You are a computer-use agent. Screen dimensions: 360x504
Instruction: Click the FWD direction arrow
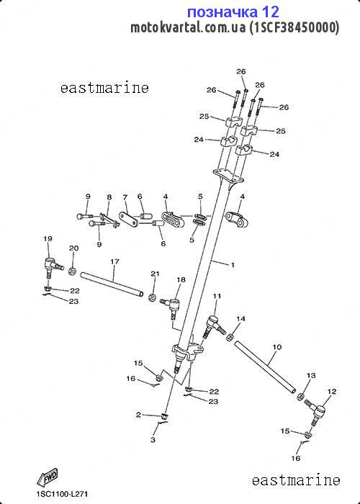[48, 477]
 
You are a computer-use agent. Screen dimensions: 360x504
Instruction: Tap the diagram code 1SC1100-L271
[62, 494]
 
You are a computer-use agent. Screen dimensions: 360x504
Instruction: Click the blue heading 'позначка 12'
[233, 12]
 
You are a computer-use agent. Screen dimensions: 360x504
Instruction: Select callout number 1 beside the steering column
[233, 265]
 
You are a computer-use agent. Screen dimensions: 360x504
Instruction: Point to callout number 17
[114, 261]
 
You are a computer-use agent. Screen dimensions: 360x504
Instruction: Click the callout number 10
[276, 347]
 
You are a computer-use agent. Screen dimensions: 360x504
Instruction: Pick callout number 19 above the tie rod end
[48, 238]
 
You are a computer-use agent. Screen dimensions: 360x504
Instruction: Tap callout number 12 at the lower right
[332, 391]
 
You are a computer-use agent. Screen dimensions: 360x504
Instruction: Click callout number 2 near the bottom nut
[138, 415]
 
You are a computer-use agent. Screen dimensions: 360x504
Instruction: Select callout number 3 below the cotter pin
[153, 440]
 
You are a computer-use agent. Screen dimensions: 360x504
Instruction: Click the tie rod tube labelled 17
[112, 284]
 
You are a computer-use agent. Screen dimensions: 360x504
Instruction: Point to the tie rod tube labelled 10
[265, 366]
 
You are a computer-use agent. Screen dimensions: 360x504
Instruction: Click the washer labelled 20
[72, 271]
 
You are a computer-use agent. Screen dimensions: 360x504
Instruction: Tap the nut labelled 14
[230, 338]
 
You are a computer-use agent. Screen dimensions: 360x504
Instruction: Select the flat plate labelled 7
[129, 220]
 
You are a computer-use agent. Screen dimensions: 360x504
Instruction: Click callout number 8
[109, 197]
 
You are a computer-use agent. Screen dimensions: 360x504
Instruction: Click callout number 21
[156, 274]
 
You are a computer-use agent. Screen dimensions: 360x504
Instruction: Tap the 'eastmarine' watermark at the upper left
[104, 87]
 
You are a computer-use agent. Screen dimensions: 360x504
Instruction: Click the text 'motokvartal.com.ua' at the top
[189, 28]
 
